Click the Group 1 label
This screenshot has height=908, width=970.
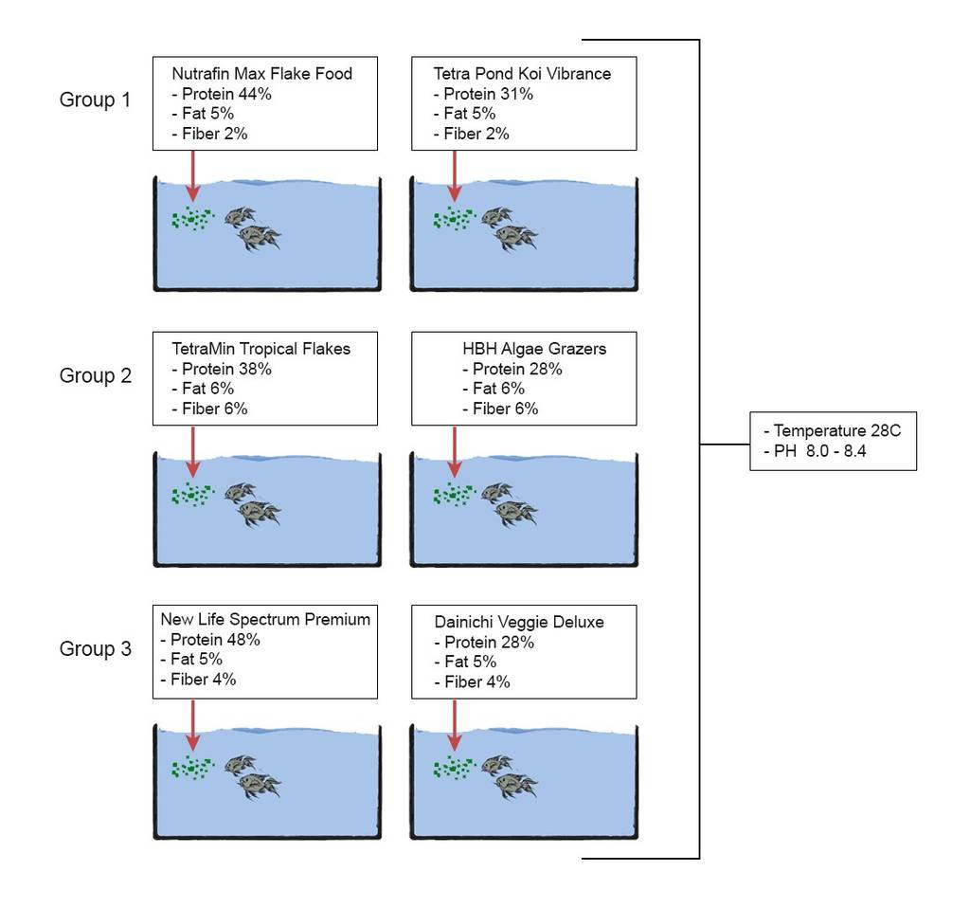click(95, 100)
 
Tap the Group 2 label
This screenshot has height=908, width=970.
click(96, 375)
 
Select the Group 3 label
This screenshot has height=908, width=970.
click(96, 648)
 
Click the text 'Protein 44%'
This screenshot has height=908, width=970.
click(226, 94)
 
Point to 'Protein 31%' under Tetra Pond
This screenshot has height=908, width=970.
click(488, 94)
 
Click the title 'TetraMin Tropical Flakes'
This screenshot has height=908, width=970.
click(261, 349)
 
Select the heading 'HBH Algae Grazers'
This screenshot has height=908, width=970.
click(534, 349)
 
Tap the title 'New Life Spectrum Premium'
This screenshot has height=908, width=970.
click(265, 620)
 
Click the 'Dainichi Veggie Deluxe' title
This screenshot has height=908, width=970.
click(519, 622)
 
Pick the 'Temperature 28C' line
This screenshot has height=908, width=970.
click(837, 431)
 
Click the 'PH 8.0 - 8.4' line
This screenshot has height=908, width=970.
click(819, 451)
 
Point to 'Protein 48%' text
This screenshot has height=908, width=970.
click(215, 640)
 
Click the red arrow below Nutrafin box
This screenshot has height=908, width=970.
click(193, 175)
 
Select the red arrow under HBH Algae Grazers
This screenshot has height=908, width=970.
click(455, 452)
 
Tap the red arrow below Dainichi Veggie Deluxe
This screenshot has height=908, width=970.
click(455, 725)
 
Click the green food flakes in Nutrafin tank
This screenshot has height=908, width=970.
click(192, 218)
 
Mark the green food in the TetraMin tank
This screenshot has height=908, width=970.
click(192, 494)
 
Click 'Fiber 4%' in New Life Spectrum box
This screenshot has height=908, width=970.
click(204, 680)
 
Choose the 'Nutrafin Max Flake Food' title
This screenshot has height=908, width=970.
click(262, 74)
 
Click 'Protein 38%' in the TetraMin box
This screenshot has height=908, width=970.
click(226, 369)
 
